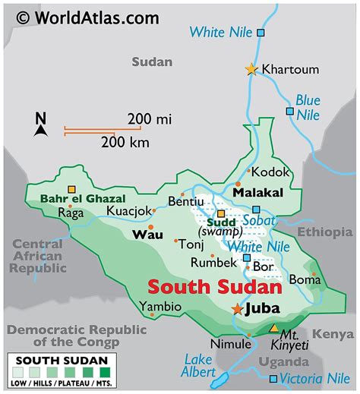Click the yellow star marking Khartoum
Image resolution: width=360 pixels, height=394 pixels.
click(251, 69)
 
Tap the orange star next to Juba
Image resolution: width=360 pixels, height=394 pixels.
click(238, 309)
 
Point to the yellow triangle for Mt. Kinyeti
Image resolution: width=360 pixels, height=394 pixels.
click(273, 328)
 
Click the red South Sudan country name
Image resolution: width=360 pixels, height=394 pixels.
click(214, 288)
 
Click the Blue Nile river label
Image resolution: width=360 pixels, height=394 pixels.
click(308, 106)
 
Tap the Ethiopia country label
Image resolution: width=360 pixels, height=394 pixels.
click(324, 232)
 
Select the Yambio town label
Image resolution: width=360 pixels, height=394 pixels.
click(160, 307)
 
